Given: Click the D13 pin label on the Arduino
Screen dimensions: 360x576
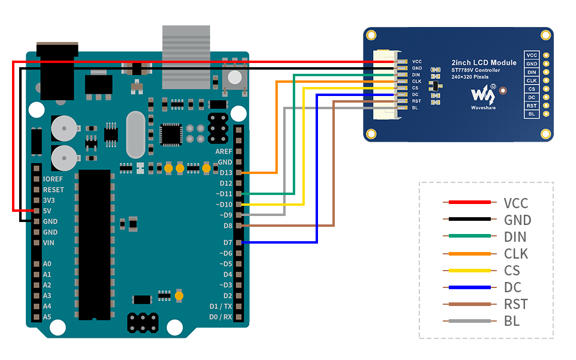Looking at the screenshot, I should pyautogui.click(x=226, y=173).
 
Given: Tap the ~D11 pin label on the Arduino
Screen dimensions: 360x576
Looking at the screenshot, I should pyautogui.click(x=224, y=194).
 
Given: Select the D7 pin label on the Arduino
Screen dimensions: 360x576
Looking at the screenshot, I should pyautogui.click(x=227, y=242).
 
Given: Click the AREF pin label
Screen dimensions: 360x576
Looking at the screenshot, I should pyautogui.click(x=223, y=151).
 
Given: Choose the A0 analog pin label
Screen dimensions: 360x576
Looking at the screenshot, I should pyautogui.click(x=47, y=264).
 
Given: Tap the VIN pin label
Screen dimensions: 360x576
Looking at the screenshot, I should pyautogui.click(x=49, y=243).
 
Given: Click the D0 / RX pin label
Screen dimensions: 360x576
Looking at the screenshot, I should pyautogui.click(x=220, y=317).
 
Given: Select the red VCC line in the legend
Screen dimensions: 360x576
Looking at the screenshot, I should pyautogui.click(x=466, y=203).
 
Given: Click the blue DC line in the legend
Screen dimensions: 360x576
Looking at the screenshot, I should pyautogui.click(x=466, y=287).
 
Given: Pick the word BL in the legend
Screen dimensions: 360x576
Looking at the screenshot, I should pyautogui.click(x=512, y=321).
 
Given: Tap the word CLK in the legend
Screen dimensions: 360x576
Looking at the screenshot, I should pyautogui.click(x=516, y=254).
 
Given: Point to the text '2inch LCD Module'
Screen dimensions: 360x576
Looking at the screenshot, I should pyautogui.click(x=484, y=62).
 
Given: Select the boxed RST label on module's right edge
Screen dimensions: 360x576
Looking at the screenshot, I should pyautogui.click(x=532, y=106).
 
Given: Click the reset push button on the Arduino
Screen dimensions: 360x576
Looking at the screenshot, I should pyautogui.click(x=235, y=77).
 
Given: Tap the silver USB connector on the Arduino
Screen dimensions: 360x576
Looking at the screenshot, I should pyautogui.click(x=186, y=57).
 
